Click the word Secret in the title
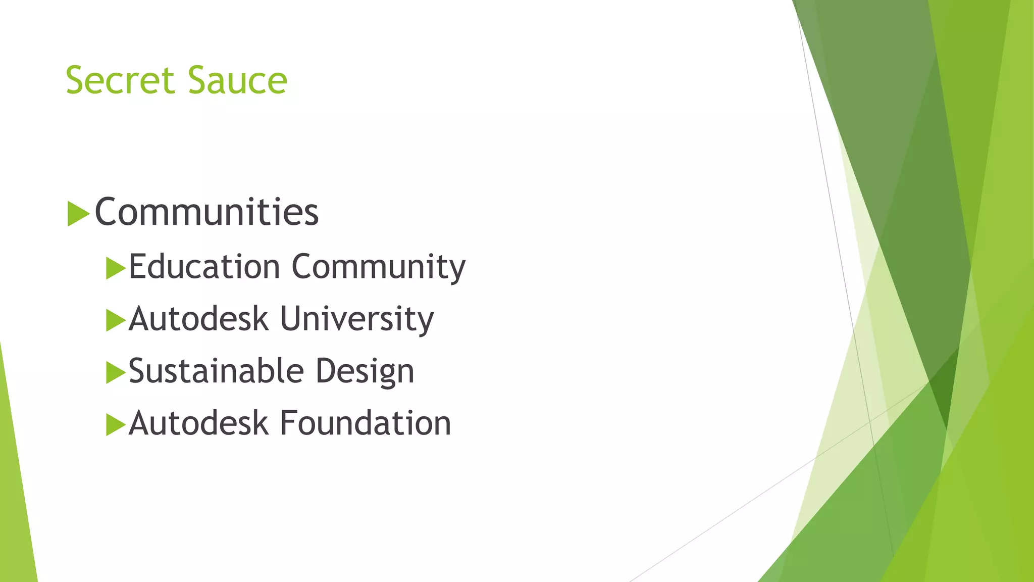pos(120,80)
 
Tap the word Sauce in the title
pos(238,80)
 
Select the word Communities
pos(207,212)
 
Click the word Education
pos(204,267)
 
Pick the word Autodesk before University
pos(198,319)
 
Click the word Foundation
pos(366,423)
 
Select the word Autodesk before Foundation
pos(198,423)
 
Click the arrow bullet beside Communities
pos(78,214)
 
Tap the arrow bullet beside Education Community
pos(116,268)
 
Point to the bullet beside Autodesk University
pos(116,320)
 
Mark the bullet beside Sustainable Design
pos(116,373)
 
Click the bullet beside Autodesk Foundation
pos(116,425)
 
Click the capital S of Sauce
pos(198,80)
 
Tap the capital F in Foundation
pos(288,423)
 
